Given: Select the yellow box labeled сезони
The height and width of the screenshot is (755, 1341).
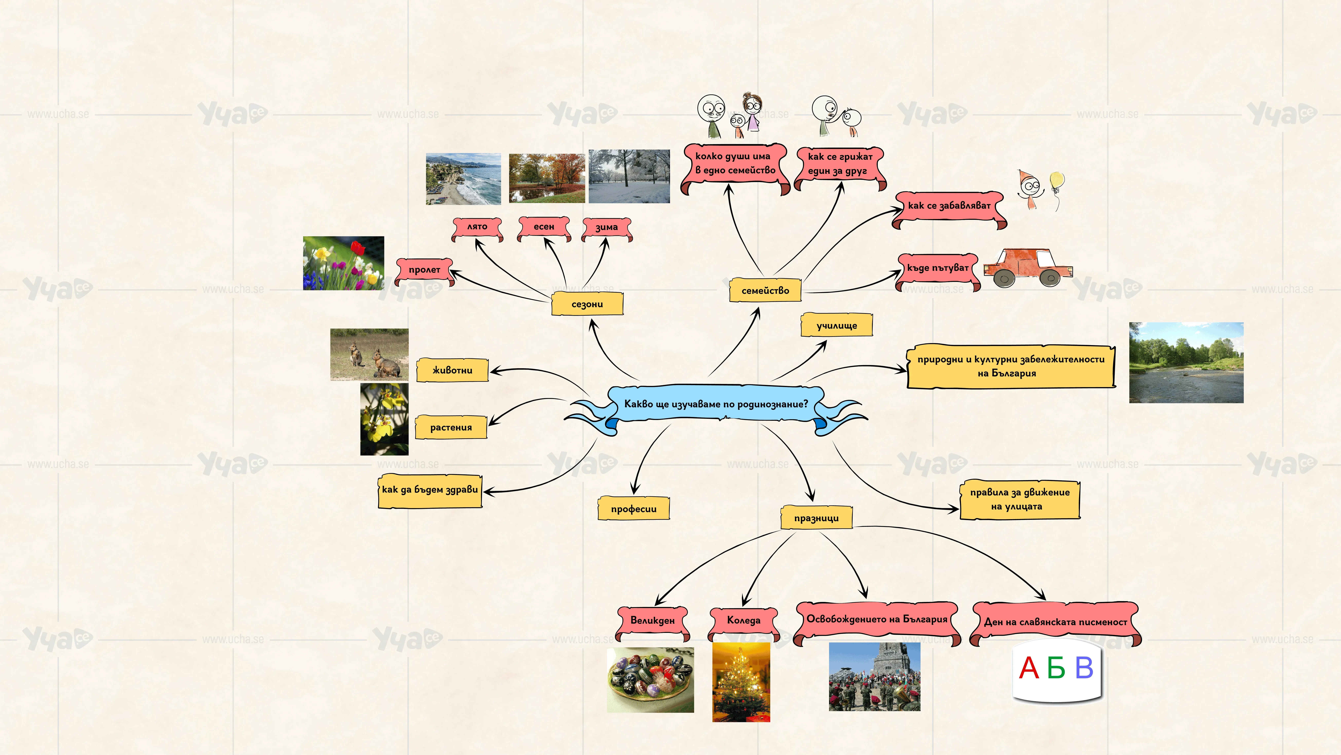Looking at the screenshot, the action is point(587,304).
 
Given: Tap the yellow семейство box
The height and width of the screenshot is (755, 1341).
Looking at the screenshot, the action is point(765,290).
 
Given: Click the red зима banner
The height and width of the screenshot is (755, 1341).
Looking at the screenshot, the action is point(606,228).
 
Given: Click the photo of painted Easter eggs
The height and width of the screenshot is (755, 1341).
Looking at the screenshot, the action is point(650,679).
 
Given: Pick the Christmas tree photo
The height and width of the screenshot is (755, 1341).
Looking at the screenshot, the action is point(741,682).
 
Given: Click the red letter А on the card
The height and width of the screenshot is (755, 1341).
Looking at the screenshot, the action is point(1029,668).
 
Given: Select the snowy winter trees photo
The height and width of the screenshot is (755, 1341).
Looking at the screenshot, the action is point(629,176).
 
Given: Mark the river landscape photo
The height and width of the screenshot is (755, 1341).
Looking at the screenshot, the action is point(1186,363).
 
